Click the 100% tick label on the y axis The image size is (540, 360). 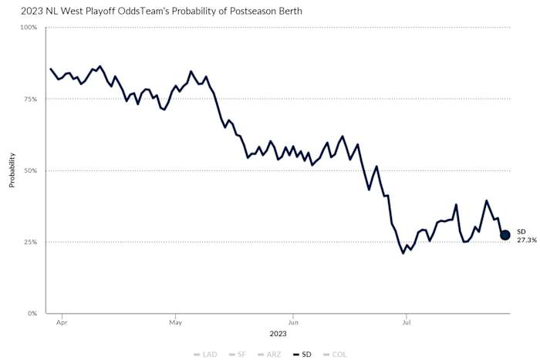click(28, 28)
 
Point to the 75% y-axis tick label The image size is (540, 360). click(29, 99)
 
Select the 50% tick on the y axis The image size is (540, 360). click(29, 170)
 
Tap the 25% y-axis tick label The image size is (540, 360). click(29, 242)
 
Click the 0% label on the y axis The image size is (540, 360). click(32, 314)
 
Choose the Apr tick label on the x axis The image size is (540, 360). click(61, 324)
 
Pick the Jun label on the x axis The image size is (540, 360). click(292, 324)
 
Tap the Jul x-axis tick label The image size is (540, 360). click(406, 324)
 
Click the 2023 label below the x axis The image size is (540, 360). click(278, 334)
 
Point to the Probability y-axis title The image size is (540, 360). click(12, 170)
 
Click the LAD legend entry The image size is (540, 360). click(205, 355)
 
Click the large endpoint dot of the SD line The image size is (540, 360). click(505, 235)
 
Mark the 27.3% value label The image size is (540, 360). click(525, 240)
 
